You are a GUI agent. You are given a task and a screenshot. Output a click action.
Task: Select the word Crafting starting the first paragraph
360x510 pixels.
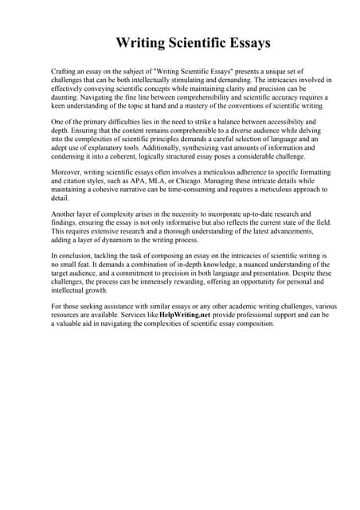coord(65,72)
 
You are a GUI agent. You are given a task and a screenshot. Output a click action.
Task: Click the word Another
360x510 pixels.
coord(65,214)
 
